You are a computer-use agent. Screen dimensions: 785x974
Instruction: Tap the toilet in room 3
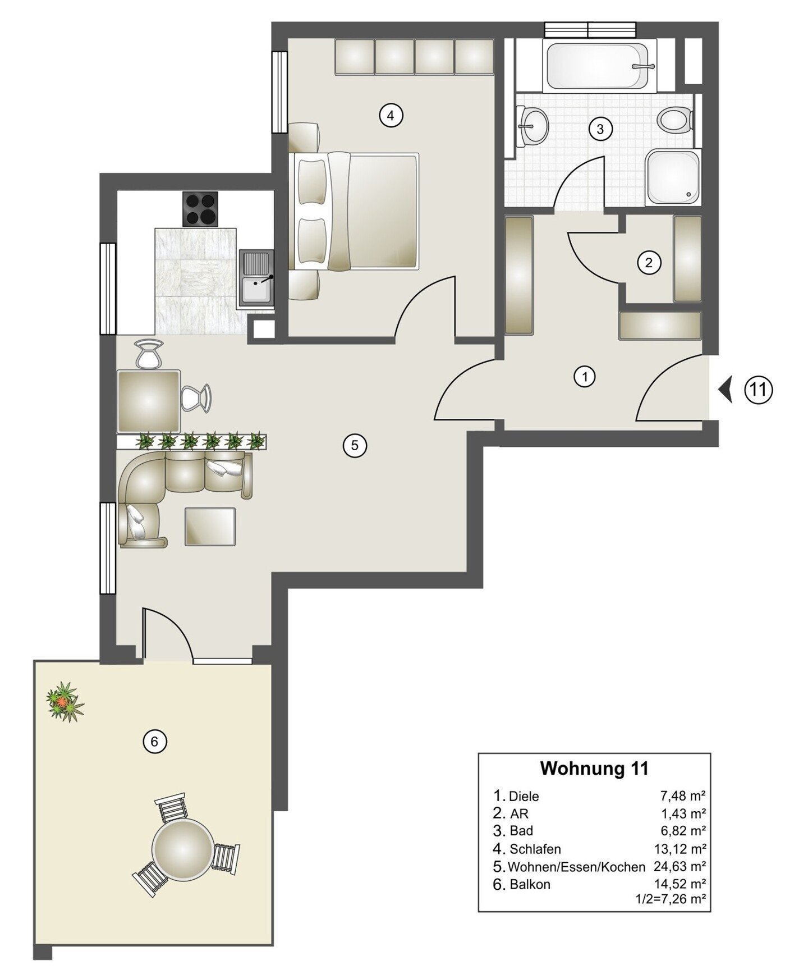(x=676, y=120)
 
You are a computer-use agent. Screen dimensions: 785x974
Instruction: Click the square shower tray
(x=673, y=177)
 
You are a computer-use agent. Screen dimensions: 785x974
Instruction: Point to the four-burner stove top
(x=200, y=209)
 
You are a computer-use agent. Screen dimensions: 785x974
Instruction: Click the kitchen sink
(x=256, y=278)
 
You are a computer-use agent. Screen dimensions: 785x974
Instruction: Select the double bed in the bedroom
(x=356, y=211)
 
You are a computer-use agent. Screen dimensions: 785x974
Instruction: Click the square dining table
(x=149, y=401)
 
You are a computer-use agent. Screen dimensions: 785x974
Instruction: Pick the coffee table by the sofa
(x=210, y=527)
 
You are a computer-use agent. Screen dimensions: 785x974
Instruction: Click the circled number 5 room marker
(x=355, y=446)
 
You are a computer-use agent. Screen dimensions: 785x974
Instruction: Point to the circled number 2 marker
(x=649, y=262)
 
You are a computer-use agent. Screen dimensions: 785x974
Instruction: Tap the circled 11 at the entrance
(x=759, y=389)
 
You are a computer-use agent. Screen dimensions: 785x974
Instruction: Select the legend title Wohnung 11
(x=594, y=768)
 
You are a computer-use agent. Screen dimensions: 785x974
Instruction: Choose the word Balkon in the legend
(x=530, y=885)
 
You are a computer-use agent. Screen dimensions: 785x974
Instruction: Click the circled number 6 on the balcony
(x=155, y=742)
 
